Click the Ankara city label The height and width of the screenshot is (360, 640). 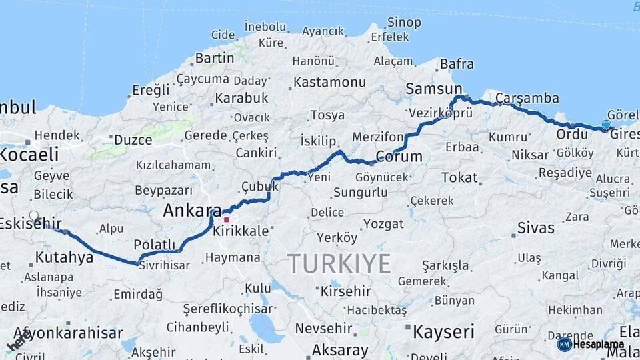point(192,211)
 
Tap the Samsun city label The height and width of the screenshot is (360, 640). point(433,89)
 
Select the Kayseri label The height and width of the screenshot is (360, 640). point(443,331)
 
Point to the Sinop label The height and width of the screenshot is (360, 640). point(404,23)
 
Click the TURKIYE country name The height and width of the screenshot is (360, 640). point(339,264)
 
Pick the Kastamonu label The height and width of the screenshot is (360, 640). point(329,83)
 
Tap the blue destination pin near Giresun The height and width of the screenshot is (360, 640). point(606,125)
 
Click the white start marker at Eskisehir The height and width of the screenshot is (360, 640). point(34,216)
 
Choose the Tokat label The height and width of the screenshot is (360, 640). point(459,177)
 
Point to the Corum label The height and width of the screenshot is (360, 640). point(399,157)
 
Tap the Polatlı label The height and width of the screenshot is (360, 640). point(154,244)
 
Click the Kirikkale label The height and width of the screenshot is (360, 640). point(241,231)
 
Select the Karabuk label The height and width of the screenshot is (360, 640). point(241,98)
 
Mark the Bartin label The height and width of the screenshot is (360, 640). point(215,58)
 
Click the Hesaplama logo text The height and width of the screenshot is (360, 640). point(598,345)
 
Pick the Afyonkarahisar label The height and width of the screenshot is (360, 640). point(68,333)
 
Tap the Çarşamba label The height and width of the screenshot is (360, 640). point(527,98)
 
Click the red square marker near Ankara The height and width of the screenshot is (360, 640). point(227,219)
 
